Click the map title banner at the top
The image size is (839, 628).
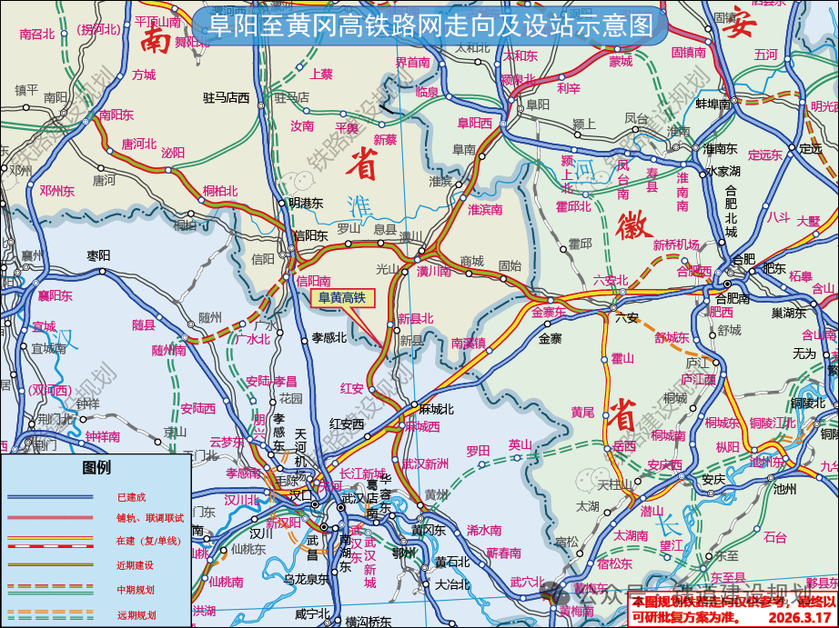click(x=431, y=25)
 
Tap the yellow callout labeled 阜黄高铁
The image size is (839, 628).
click(x=341, y=297)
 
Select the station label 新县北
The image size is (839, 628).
click(x=416, y=318)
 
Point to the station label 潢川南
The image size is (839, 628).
click(x=434, y=271)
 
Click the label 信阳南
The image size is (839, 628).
click(x=314, y=281)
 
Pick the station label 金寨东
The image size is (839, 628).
click(x=549, y=312)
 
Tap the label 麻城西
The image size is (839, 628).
click(x=422, y=425)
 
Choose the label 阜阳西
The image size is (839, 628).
click(x=474, y=123)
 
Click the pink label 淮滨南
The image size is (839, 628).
click(x=485, y=209)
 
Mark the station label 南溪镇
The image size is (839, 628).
click(x=468, y=343)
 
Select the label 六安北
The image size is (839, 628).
click(x=611, y=280)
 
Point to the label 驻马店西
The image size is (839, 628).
click(x=227, y=96)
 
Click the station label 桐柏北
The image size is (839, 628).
click(x=220, y=191)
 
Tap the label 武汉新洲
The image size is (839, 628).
click(x=425, y=464)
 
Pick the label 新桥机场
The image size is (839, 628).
click(x=676, y=244)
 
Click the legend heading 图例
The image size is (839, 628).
click(x=96, y=467)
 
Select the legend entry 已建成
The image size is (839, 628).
click(x=131, y=497)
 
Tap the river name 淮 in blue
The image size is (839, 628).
click(x=361, y=204)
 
